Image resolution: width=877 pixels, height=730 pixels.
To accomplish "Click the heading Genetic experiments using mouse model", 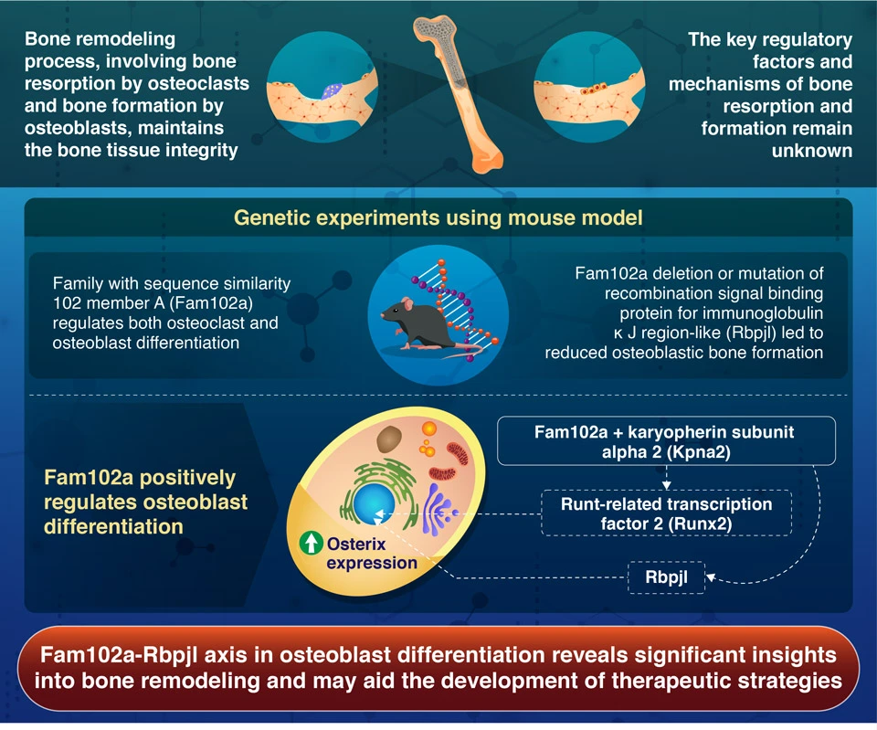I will click(x=438, y=218).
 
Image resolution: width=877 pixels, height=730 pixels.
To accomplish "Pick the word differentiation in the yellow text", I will click(x=113, y=527).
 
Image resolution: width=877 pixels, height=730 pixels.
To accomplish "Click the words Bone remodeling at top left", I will click(x=100, y=41).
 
